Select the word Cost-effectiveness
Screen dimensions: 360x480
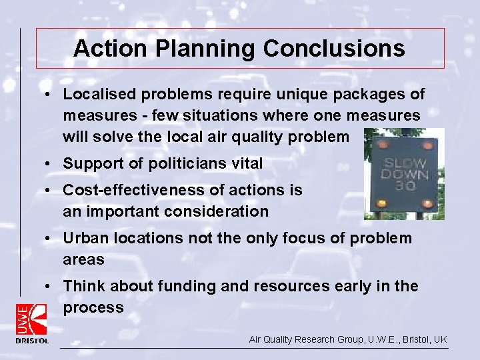[134, 190]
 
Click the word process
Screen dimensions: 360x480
[93, 307]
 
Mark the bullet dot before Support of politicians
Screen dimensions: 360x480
[51, 163]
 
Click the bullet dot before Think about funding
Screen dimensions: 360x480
[51, 286]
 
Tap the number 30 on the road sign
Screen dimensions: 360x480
[404, 185]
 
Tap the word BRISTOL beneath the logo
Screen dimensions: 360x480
[32, 341]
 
